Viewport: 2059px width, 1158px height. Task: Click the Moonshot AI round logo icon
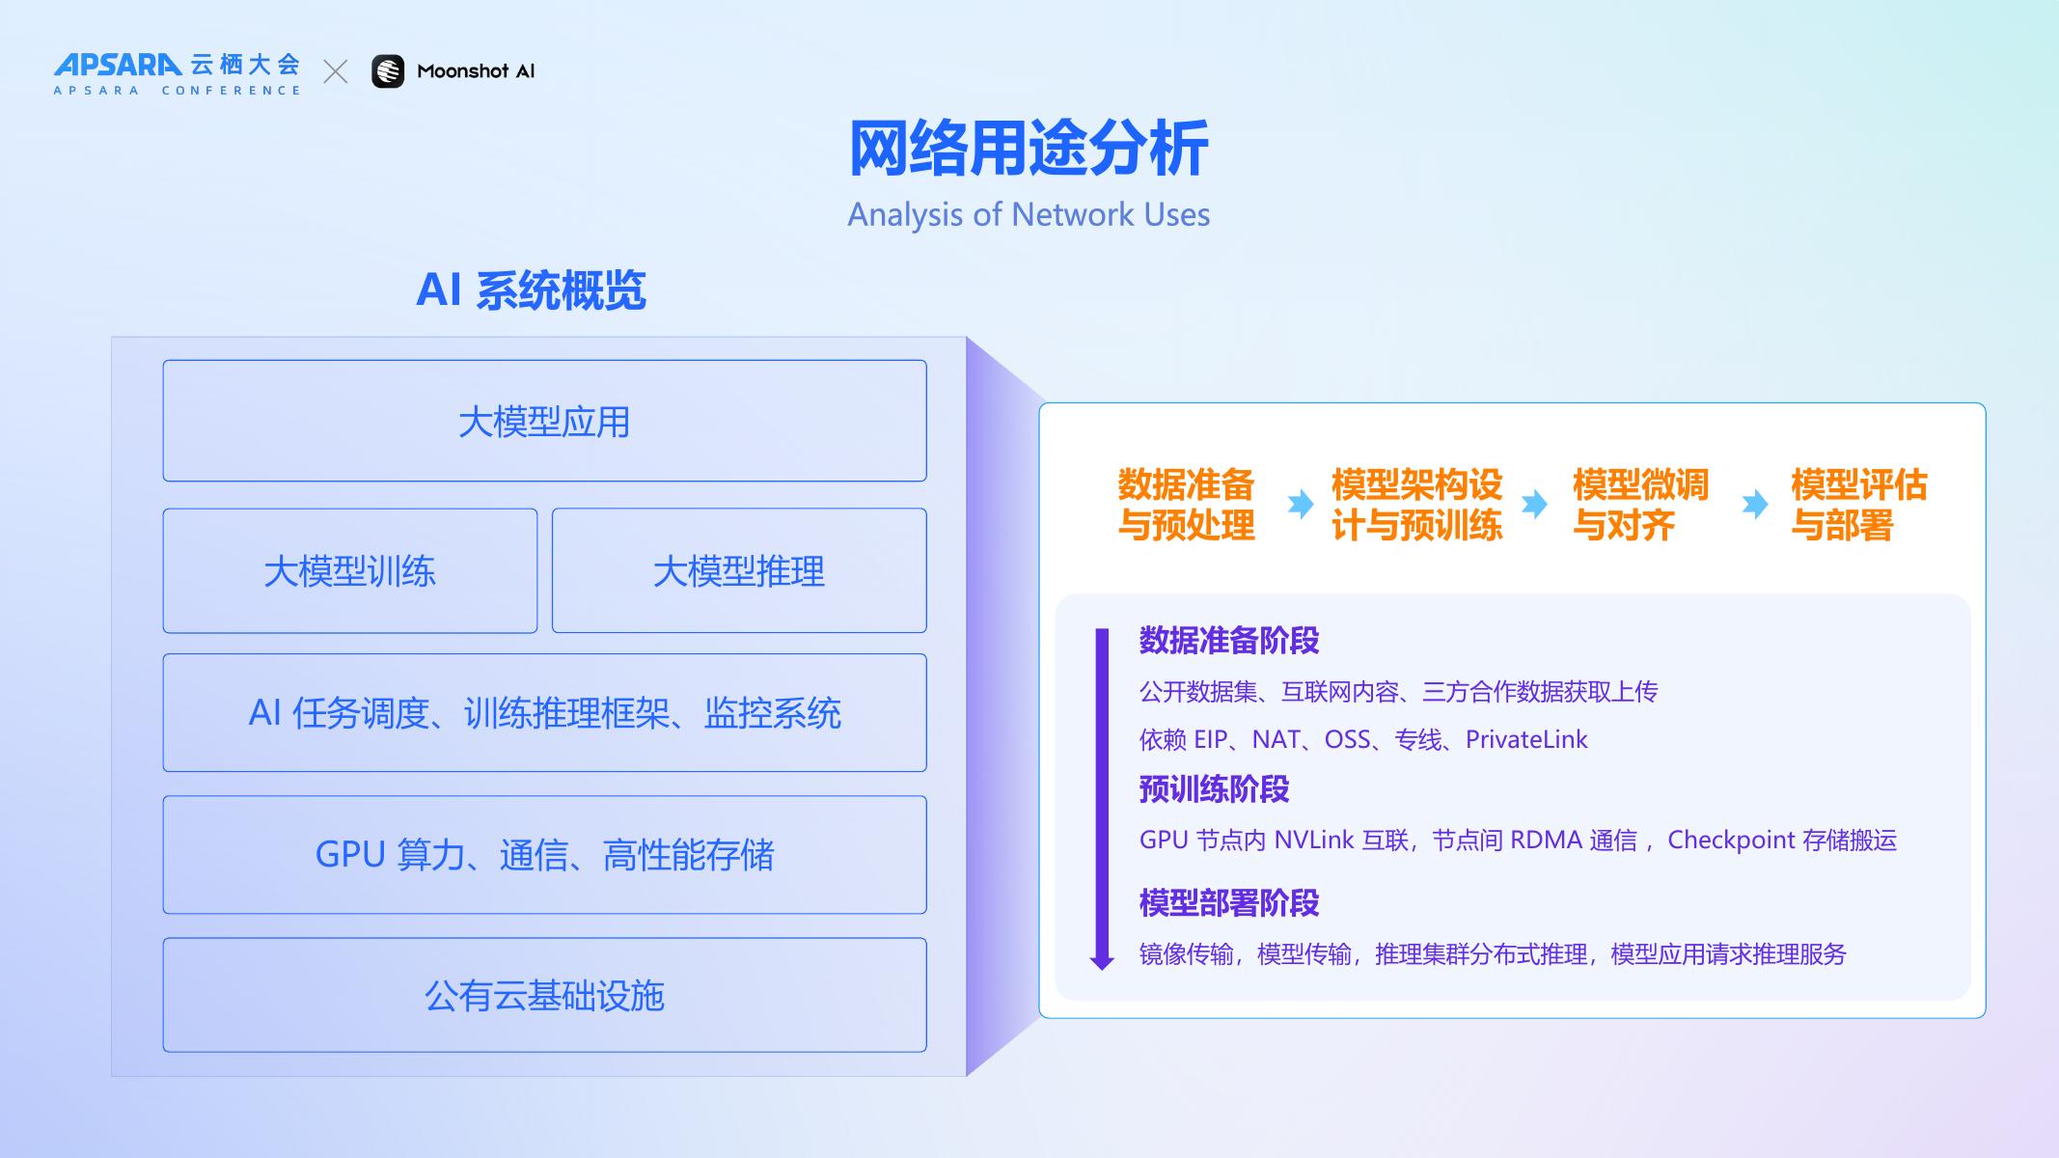pyautogui.click(x=388, y=71)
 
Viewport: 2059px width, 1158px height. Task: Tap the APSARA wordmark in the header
pyautogui.click(x=118, y=65)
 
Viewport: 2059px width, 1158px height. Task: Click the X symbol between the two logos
pyautogui.click(x=335, y=71)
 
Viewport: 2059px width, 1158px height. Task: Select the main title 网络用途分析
pyautogui.click(x=1029, y=149)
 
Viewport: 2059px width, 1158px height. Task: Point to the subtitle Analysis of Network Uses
pyautogui.click(x=1029, y=214)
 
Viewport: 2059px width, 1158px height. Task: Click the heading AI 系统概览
pyautogui.click(x=531, y=289)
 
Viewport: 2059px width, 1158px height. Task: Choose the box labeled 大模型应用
pyautogui.click(x=544, y=422)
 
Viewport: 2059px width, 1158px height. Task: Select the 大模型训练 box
pyautogui.click(x=349, y=571)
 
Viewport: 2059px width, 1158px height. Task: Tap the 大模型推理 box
pyautogui.click(x=739, y=571)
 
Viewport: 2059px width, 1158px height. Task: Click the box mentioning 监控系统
pyautogui.click(x=544, y=713)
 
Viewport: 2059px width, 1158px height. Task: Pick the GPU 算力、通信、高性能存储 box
pyautogui.click(x=544, y=855)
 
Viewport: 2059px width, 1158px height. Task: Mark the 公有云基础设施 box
pyautogui.click(x=544, y=996)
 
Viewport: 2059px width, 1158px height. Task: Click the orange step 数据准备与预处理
pyautogui.click(x=1186, y=505)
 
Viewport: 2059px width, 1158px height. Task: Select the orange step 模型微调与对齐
pyautogui.click(x=1639, y=505)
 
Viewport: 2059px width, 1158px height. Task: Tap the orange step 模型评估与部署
pyautogui.click(x=1858, y=505)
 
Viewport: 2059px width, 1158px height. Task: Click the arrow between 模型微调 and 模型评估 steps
pyautogui.click(x=1755, y=504)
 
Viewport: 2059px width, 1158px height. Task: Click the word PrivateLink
pyautogui.click(x=1526, y=740)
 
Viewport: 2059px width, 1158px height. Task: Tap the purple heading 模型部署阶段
pyautogui.click(x=1228, y=903)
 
